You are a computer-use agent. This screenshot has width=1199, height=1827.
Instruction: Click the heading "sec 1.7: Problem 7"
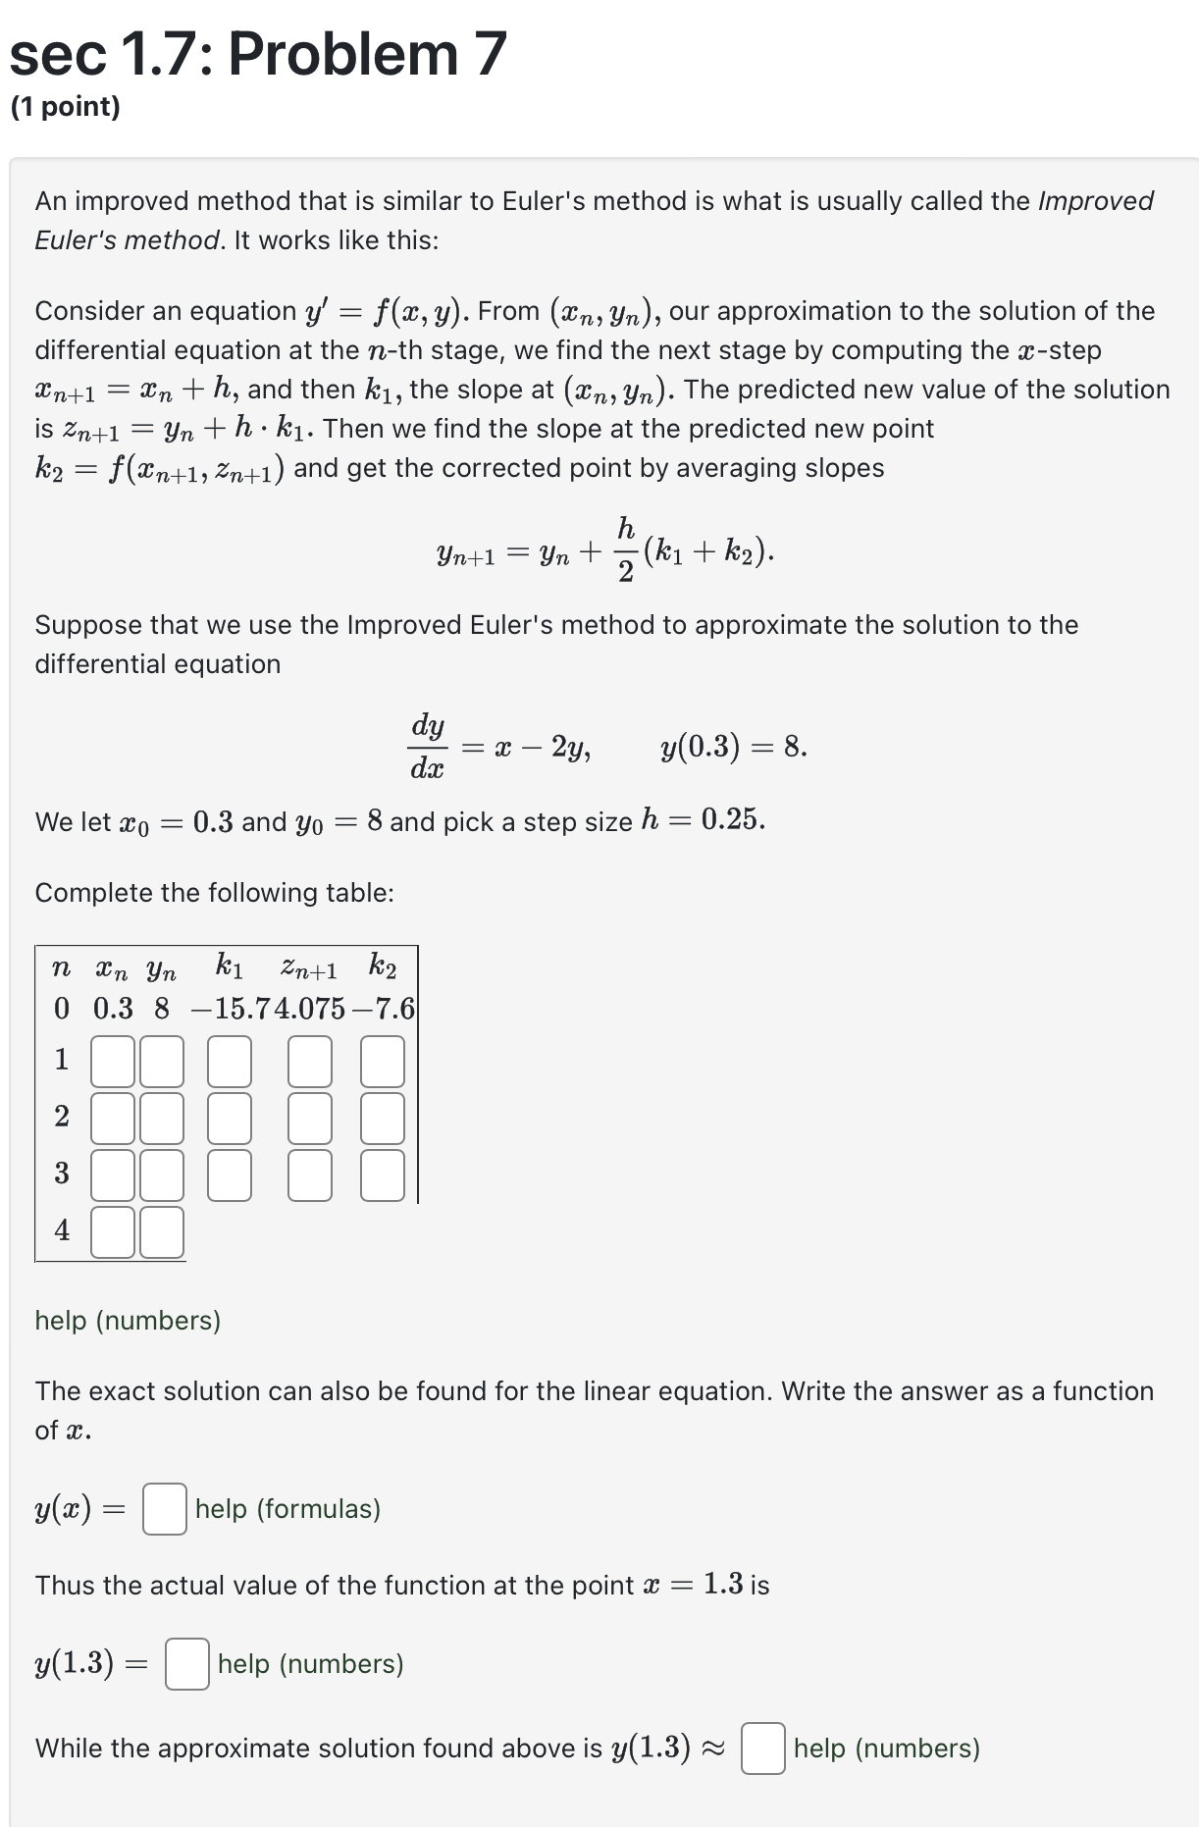tap(258, 54)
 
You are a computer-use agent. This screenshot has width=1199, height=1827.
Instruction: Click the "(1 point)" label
tap(66, 107)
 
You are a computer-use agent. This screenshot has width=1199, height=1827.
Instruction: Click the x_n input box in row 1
tap(113, 1062)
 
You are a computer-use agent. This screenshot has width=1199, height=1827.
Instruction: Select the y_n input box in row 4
tap(162, 1232)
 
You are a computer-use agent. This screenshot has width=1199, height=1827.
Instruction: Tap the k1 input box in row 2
tap(230, 1119)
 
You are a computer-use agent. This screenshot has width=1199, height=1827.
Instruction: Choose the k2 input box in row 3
tap(383, 1175)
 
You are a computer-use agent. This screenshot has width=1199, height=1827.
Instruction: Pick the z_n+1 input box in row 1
tap(310, 1062)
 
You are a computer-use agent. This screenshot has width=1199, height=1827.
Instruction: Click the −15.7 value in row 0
tap(233, 1009)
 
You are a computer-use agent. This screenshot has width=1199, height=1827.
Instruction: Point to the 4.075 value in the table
tap(310, 1009)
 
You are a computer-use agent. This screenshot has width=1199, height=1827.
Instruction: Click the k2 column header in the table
tap(383, 967)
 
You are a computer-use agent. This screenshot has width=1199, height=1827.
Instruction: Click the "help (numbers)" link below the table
tap(128, 1321)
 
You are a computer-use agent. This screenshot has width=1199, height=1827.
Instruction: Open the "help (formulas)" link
tap(287, 1509)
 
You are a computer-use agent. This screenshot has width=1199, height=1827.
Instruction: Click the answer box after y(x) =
tap(165, 1509)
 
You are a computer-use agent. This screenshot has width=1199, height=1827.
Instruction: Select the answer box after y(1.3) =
tap(187, 1664)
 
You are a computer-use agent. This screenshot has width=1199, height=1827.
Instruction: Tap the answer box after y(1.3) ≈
tap(763, 1749)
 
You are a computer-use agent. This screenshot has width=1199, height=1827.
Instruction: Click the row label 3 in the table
tap(62, 1174)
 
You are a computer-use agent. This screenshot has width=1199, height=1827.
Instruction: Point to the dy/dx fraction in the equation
tap(428, 748)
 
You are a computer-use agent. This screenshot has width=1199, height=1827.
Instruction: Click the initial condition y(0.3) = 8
tap(734, 748)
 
